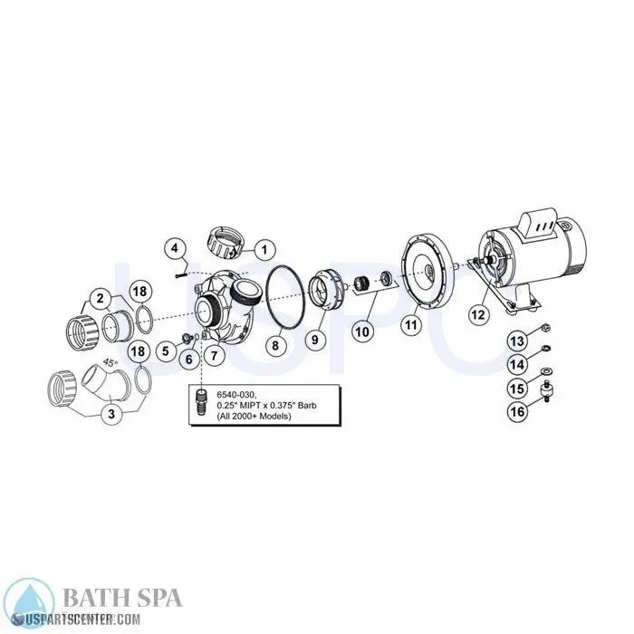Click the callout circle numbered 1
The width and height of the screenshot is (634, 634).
[264, 247]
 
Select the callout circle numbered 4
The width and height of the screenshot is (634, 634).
[176, 245]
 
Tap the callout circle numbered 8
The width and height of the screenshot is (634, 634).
[278, 343]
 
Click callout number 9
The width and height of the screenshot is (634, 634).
[317, 340]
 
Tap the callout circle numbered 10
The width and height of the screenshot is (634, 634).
[361, 331]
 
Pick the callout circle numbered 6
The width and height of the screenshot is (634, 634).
[188, 359]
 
